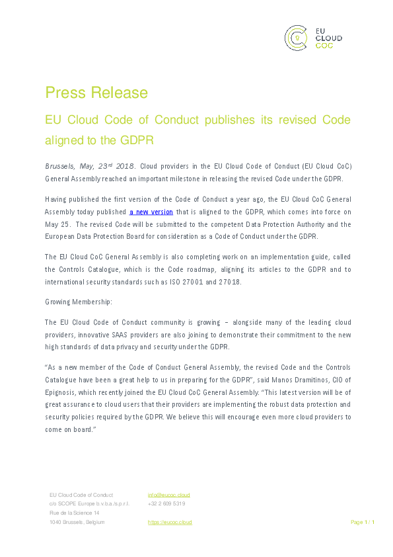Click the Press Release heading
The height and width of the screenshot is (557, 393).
(x=96, y=92)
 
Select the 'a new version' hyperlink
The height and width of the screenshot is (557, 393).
(x=151, y=212)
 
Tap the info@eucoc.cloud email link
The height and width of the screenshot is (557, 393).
(x=168, y=495)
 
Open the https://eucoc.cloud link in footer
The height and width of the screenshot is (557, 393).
(x=170, y=522)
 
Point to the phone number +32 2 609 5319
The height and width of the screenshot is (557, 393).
(x=166, y=503)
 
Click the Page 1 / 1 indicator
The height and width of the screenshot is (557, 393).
(x=362, y=522)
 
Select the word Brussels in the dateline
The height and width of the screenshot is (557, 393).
(x=59, y=166)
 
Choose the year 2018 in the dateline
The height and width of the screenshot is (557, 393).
(x=129, y=166)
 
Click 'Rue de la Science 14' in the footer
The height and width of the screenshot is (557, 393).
(x=75, y=513)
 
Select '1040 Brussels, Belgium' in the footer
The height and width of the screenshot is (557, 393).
(x=77, y=522)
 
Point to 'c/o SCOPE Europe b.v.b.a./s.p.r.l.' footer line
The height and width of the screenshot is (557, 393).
(x=89, y=503)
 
